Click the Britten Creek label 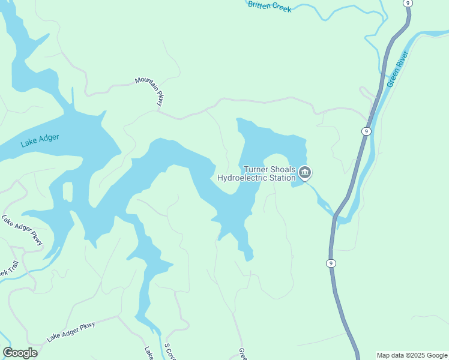coord(269,7)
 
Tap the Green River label coord(397,70)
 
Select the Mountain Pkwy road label coord(149,91)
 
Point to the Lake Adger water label coord(40,140)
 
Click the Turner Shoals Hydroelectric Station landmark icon coord(305,173)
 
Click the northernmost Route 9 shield coord(408,3)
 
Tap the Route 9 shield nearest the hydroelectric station coord(366,131)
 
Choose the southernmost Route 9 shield coord(331,263)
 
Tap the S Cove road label coord(169,351)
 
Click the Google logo coord(20,353)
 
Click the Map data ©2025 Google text coord(411,355)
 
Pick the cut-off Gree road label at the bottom coord(243,353)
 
